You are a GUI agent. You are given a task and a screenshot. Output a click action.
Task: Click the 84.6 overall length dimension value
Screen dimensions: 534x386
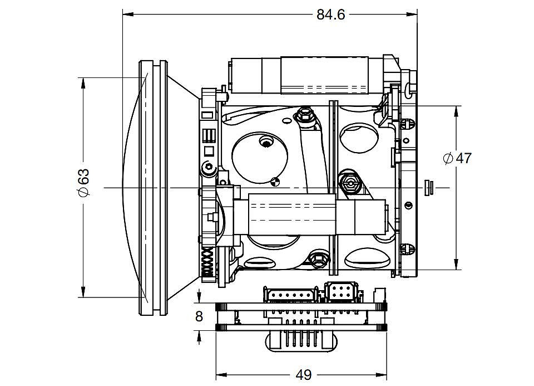[330, 14]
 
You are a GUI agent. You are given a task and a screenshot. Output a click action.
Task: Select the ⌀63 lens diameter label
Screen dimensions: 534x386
[84, 182]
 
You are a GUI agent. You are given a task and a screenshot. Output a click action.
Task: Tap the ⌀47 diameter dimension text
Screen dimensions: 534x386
[457, 158]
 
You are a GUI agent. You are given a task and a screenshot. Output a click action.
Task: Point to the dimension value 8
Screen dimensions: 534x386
[199, 316]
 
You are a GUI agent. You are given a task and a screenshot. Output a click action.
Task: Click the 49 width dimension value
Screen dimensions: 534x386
[304, 375]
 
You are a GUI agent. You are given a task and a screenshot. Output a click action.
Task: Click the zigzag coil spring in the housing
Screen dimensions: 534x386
[207, 262]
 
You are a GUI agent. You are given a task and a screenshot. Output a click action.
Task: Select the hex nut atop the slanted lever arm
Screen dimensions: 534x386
[304, 115]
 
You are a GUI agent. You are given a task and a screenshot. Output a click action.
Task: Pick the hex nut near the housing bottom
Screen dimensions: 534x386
[318, 260]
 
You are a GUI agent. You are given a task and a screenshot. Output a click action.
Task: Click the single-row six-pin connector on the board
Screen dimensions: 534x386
[290, 295]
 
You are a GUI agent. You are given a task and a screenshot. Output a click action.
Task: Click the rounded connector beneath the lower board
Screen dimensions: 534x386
[301, 341]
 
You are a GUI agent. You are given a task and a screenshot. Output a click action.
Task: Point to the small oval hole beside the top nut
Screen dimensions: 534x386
[288, 120]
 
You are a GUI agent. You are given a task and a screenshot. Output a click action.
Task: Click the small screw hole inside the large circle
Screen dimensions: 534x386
[266, 141]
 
